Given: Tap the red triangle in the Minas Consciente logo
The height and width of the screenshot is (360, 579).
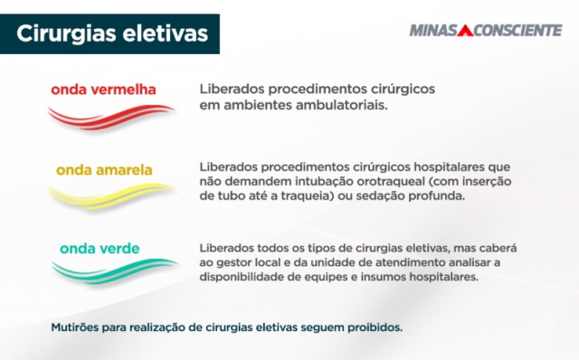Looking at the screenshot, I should click(465, 31).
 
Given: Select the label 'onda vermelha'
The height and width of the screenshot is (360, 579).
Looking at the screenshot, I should click(103, 90).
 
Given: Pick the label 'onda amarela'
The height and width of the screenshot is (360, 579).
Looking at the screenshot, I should click(104, 169).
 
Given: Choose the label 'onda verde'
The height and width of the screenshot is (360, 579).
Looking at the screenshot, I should click(100, 248).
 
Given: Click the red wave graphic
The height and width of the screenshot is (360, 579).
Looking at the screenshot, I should click(110, 116).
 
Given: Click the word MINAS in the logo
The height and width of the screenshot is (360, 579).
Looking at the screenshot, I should click(434, 31).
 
